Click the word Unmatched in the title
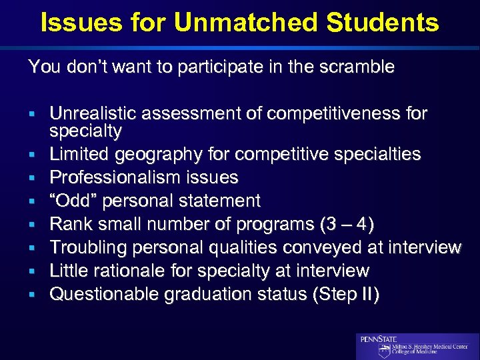tap(244, 23)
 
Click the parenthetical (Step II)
tap(342, 294)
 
